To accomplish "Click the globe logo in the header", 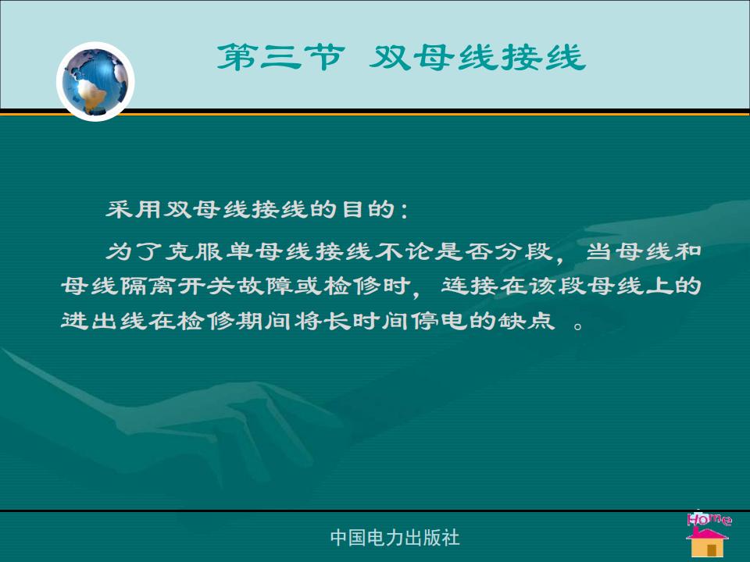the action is (x=95, y=81).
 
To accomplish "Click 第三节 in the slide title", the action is (x=280, y=57).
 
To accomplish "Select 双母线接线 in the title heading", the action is (x=477, y=57).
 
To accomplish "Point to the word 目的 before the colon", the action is (x=369, y=209).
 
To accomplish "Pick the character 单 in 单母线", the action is (x=239, y=251).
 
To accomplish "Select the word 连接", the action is (x=470, y=286).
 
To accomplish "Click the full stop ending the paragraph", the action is (x=578, y=326).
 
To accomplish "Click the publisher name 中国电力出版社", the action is (x=395, y=538).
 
